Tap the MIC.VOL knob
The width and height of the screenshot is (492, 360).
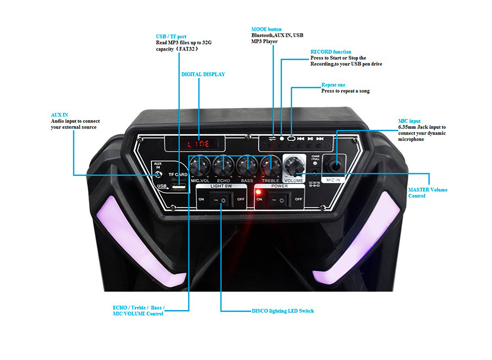pos(200,165)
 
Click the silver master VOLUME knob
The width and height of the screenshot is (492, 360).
pos(294,165)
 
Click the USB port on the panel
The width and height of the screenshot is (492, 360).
pos(179,187)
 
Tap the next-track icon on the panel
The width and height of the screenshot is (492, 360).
pos(319,138)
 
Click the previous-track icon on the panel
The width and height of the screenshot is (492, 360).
pos(300,138)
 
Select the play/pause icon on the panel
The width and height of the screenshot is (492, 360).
pos(310,138)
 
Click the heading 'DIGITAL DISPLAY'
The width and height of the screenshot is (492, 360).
pos(203,74)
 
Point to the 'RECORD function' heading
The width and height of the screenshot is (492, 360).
pos(331,52)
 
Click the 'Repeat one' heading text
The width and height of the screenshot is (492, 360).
pos(333,85)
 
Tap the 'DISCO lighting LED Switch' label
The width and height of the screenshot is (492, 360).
pos(282,311)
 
